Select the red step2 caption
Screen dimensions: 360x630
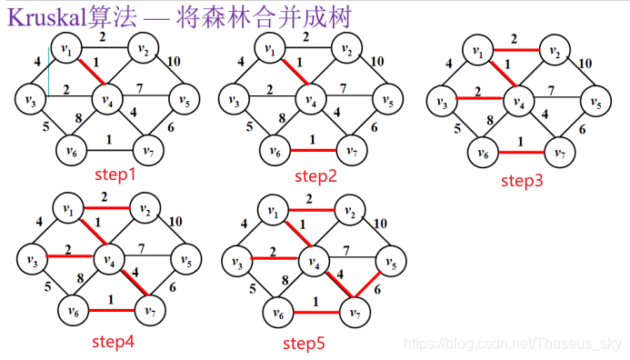[x=316, y=175]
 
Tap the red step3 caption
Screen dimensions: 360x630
[x=522, y=180]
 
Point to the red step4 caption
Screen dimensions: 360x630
[x=114, y=341]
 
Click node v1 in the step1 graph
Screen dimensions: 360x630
[x=65, y=48]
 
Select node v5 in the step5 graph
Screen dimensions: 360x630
[x=389, y=263]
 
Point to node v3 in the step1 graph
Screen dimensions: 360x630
[x=31, y=97]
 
